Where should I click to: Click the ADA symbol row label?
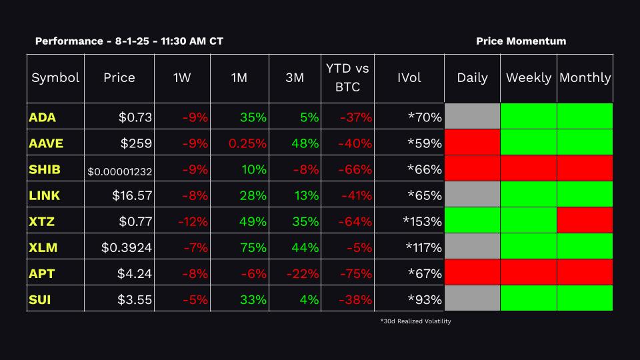[42, 117]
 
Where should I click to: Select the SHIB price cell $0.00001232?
[120, 171]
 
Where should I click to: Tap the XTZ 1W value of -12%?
[193, 221]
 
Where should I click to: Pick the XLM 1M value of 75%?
[253, 247]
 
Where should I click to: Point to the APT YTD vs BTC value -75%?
[355, 273]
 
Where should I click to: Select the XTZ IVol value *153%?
[422, 221]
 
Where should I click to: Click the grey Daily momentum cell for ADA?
[472, 117]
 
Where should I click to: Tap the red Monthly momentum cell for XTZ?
[585, 220]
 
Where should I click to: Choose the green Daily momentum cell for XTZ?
[472, 220]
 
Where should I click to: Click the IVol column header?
[409, 77]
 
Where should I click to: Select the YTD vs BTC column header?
[347, 77]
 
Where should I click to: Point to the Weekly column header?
[529, 77]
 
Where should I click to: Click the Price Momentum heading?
[521, 41]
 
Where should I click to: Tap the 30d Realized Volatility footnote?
[415, 321]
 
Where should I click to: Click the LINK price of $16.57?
[132, 195]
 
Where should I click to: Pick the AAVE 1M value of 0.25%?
[248, 143]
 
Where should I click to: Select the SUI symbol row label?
[40, 299]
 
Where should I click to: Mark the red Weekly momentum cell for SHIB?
[529, 168]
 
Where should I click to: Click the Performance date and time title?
[129, 41]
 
